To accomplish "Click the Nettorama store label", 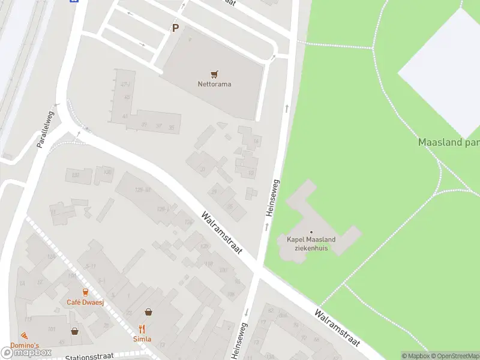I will [214, 84].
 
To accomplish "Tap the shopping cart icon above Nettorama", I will [214, 74].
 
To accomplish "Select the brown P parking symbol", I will [175, 28].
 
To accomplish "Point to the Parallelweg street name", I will [45, 130].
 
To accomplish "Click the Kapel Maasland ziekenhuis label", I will [311, 244].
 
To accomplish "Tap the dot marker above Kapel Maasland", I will [311, 232].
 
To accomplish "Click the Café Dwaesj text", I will [85, 302].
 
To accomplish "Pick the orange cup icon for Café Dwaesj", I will [85, 292].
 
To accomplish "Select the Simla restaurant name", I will [142, 339].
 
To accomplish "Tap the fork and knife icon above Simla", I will [142, 329].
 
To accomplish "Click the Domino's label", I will [25, 346].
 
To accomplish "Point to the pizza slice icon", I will [24, 335].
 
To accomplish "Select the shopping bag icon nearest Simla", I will [148, 312].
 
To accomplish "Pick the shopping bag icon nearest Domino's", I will [75, 331].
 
